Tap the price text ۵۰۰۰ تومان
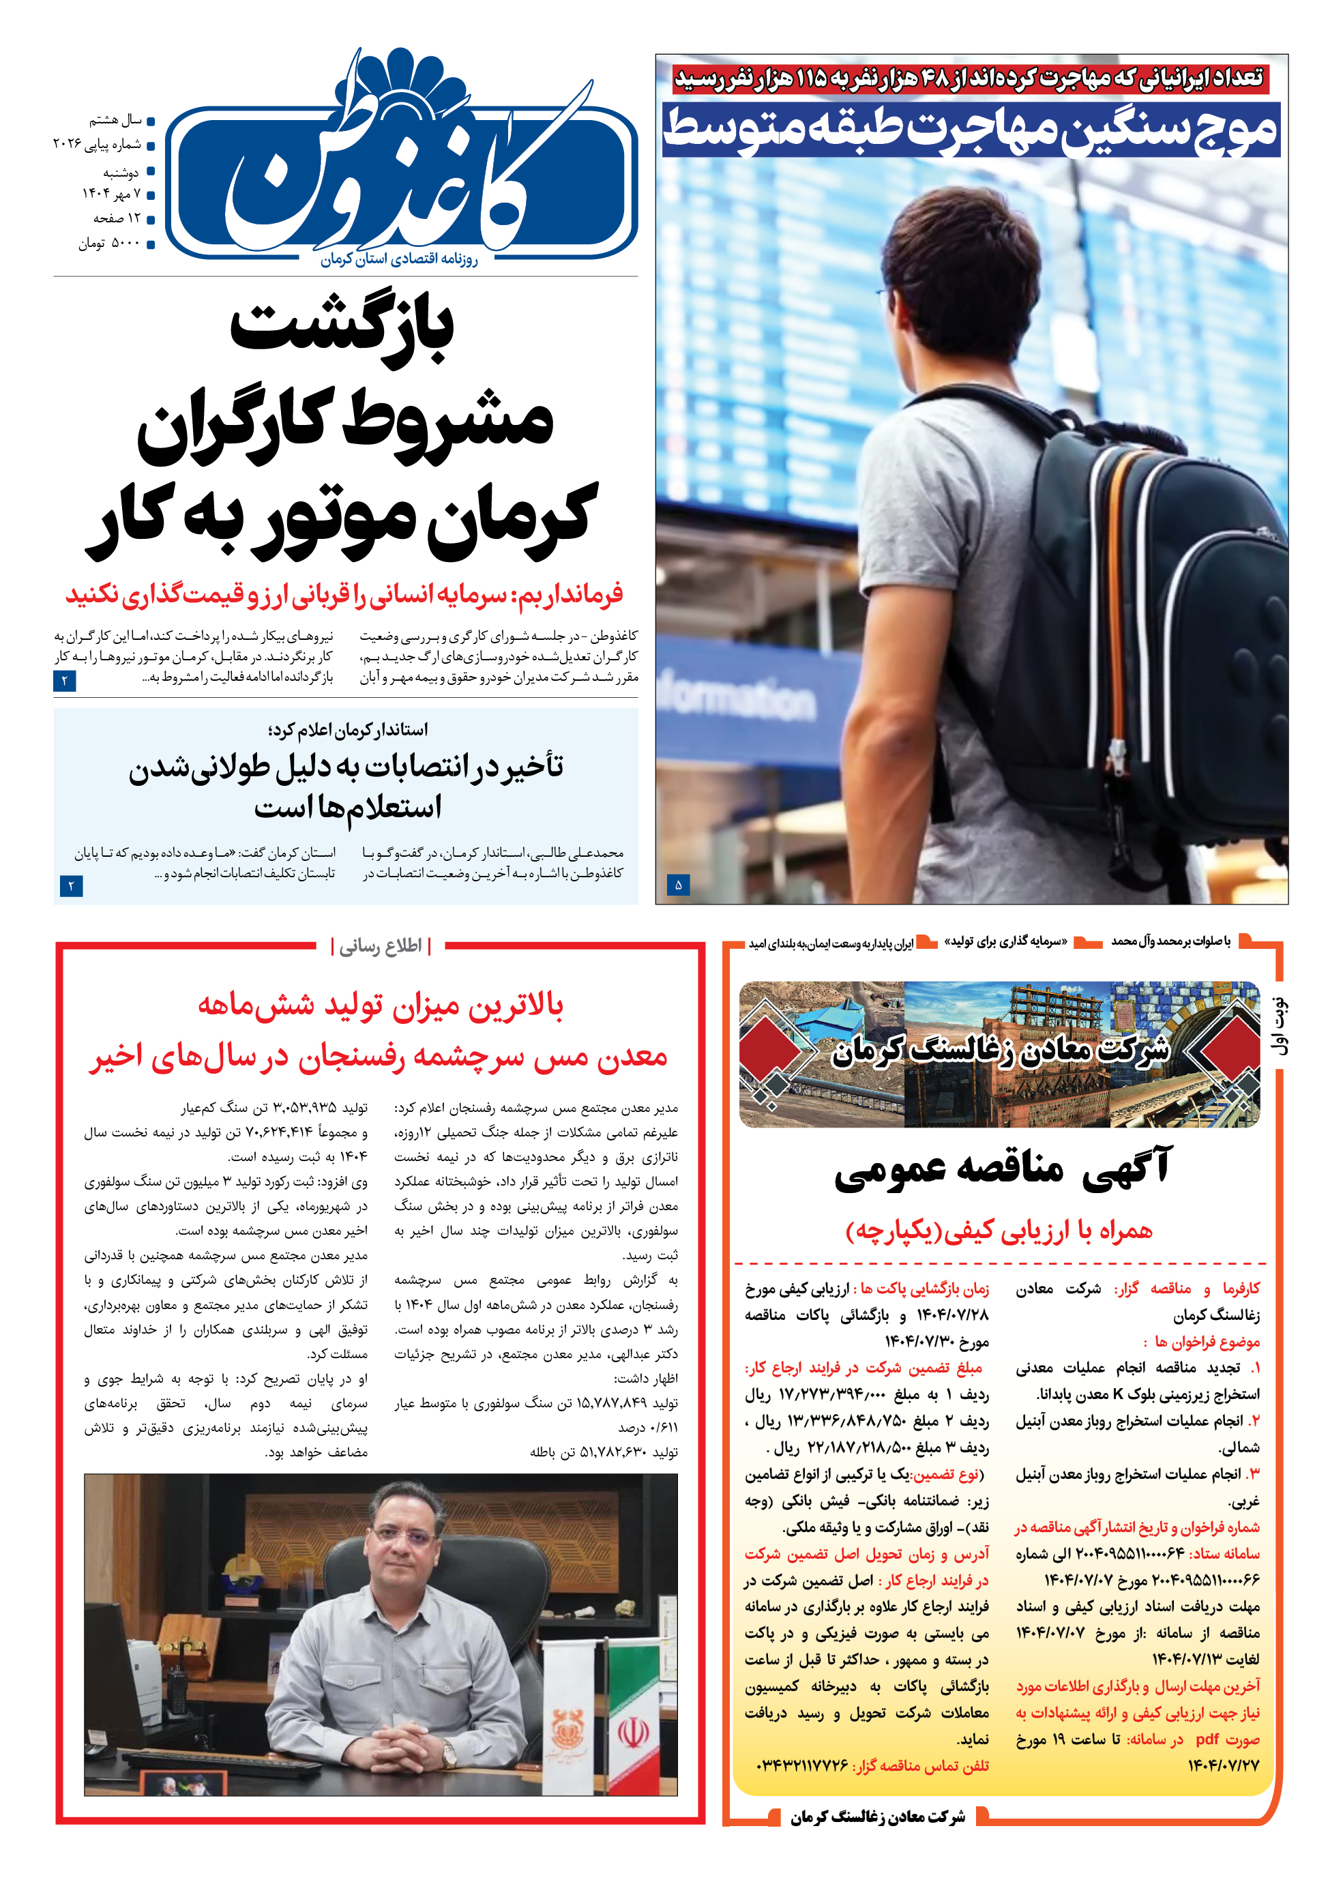click(109, 243)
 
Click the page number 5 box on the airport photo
click(678, 885)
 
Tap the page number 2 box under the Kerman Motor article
click(65, 681)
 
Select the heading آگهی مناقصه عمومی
click(1002, 1168)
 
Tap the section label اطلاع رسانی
click(381, 946)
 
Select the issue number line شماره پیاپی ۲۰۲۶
click(98, 145)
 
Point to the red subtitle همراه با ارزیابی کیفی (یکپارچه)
click(998, 1231)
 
